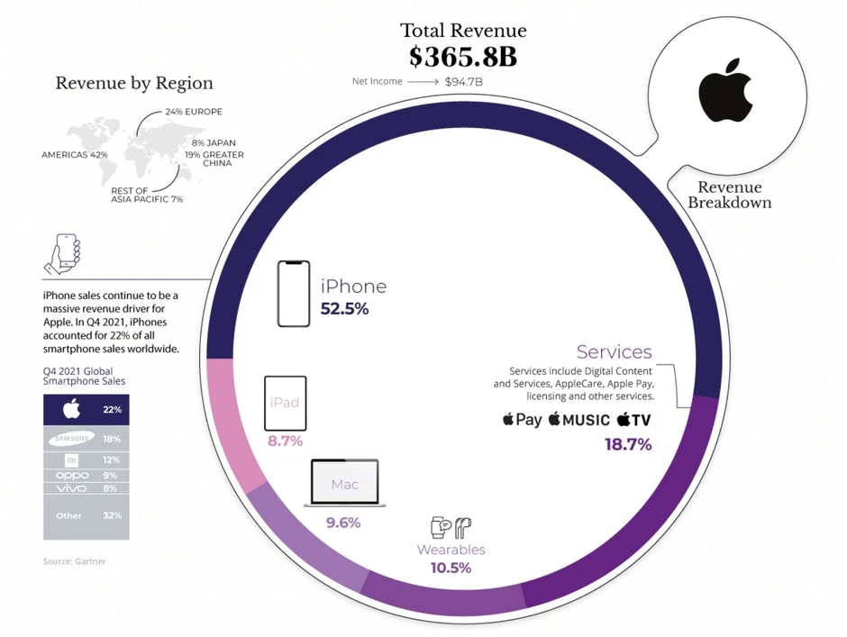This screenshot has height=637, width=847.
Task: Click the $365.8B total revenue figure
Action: [463, 57]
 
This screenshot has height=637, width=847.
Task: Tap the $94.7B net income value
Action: [464, 82]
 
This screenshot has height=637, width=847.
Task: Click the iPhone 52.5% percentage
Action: [344, 309]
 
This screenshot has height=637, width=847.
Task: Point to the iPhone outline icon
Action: [294, 294]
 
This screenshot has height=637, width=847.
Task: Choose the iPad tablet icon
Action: [285, 403]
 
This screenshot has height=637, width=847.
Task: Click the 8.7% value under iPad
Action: [285, 441]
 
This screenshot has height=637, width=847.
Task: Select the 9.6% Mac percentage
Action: [343, 523]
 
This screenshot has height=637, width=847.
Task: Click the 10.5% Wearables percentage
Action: [451, 568]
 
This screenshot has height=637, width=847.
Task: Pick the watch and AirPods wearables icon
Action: [451, 528]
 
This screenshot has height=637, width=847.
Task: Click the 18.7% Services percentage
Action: [627, 444]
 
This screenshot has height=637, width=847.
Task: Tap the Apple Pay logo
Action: [523, 420]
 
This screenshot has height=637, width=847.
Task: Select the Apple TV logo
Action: [633, 420]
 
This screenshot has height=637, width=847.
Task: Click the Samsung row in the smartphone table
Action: [86, 439]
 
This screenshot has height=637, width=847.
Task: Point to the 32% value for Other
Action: [112, 515]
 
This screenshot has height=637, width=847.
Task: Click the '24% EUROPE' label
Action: [193, 112]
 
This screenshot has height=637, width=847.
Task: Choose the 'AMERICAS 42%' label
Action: [75, 155]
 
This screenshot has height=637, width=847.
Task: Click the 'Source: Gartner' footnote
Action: [74, 561]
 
